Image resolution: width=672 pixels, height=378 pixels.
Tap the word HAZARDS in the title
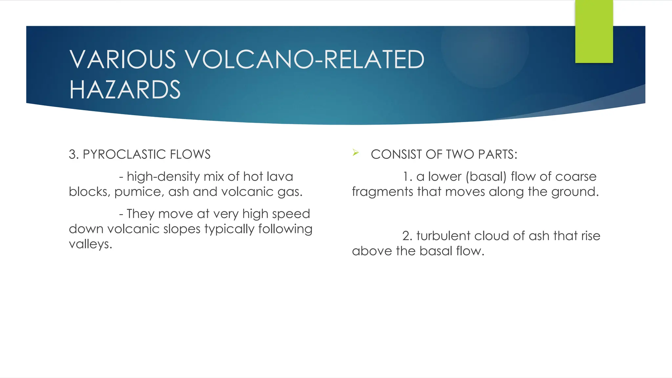pyautogui.click(x=125, y=90)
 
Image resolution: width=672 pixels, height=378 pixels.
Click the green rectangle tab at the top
pyautogui.click(x=594, y=31)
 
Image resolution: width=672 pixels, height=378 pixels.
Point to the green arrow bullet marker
pyautogui.click(x=356, y=153)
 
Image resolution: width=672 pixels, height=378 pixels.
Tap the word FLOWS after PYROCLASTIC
pyautogui.click(x=195, y=155)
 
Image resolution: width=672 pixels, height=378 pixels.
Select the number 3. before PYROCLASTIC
pyautogui.click(x=73, y=155)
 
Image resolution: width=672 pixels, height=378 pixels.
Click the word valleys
pyautogui.click(x=90, y=244)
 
